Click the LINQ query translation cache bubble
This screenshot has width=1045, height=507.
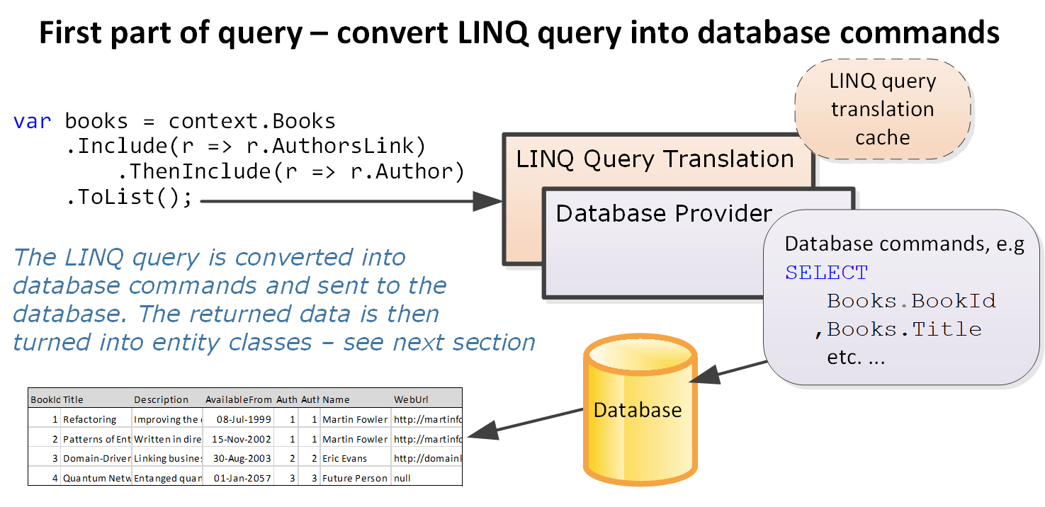pos(882,109)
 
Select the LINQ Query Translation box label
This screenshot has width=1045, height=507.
pos(655,159)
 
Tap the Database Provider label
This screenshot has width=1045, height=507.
pos(664,213)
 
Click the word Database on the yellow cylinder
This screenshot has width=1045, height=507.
pos(637,410)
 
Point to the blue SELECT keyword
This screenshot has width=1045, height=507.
pos(826,273)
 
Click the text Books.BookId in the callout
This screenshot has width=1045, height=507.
pos(911,301)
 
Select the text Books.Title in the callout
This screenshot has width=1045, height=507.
pos(904,329)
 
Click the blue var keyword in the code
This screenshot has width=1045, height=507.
pos(33,121)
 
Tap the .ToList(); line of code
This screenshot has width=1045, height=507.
pos(129,197)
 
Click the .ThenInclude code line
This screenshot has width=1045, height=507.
pos(290,171)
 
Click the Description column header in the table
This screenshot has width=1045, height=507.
pos(161,399)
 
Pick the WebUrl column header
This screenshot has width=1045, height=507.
pos(411,399)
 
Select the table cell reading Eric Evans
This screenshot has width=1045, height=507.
pos(344,458)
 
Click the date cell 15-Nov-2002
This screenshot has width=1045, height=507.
pos(243,439)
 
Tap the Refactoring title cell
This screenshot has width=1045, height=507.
pos(89,419)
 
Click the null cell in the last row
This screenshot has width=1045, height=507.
pos(402,478)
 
